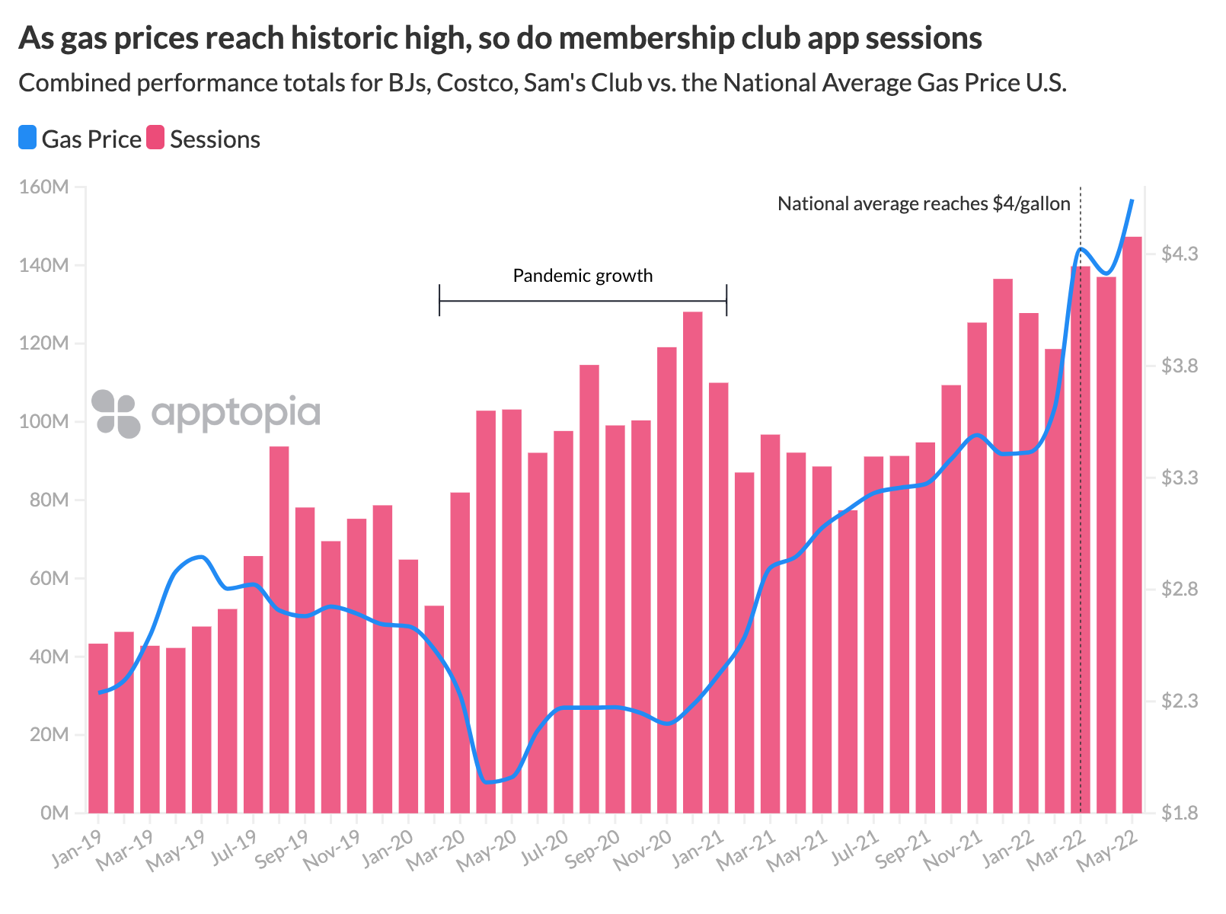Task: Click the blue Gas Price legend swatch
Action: (x=27, y=139)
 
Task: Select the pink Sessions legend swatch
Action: (x=155, y=139)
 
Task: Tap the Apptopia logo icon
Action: (x=116, y=414)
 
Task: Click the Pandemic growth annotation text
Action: (x=583, y=276)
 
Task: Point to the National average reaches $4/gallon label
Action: (x=923, y=204)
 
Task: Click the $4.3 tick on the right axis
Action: (x=1179, y=254)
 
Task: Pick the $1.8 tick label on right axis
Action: (x=1179, y=813)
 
